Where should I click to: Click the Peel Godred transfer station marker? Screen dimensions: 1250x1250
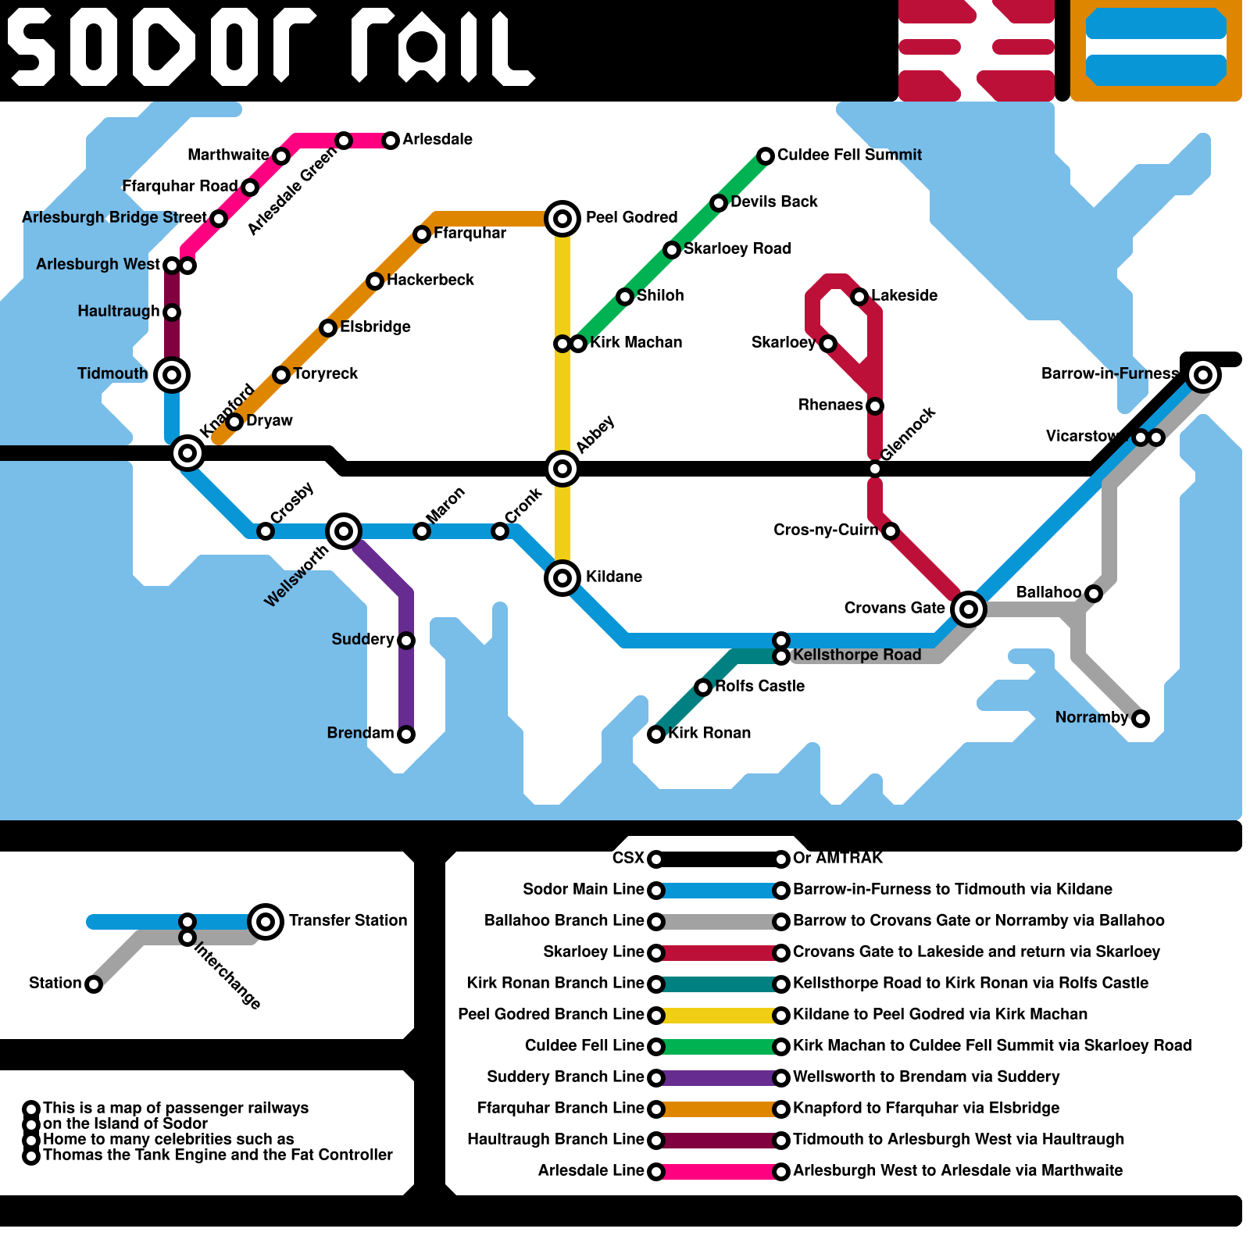(562, 219)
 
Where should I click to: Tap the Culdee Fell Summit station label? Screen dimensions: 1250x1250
(849, 155)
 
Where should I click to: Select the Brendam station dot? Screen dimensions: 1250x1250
(406, 734)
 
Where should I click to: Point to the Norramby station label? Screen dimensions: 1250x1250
(1091, 718)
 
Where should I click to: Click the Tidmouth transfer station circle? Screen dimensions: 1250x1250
(172, 375)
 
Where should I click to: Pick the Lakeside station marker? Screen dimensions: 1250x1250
(859, 297)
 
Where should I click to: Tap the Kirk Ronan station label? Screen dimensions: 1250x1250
(709, 734)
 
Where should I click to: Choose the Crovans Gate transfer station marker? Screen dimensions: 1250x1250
(969, 609)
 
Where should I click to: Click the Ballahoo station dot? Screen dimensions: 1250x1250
(1094, 594)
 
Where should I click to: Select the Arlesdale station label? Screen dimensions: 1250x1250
(437, 140)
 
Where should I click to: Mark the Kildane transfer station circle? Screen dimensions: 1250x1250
(562, 578)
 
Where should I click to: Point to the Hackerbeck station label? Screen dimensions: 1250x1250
(430, 280)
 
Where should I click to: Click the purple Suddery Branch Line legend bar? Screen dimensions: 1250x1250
(719, 1078)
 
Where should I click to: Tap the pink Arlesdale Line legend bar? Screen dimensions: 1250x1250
(719, 1172)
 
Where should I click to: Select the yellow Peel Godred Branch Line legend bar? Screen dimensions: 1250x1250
(719, 1016)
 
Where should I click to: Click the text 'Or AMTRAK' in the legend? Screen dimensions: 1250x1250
(837, 859)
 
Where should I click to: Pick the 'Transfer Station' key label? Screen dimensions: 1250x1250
(348, 921)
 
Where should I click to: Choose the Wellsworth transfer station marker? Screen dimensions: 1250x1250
(344, 531)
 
